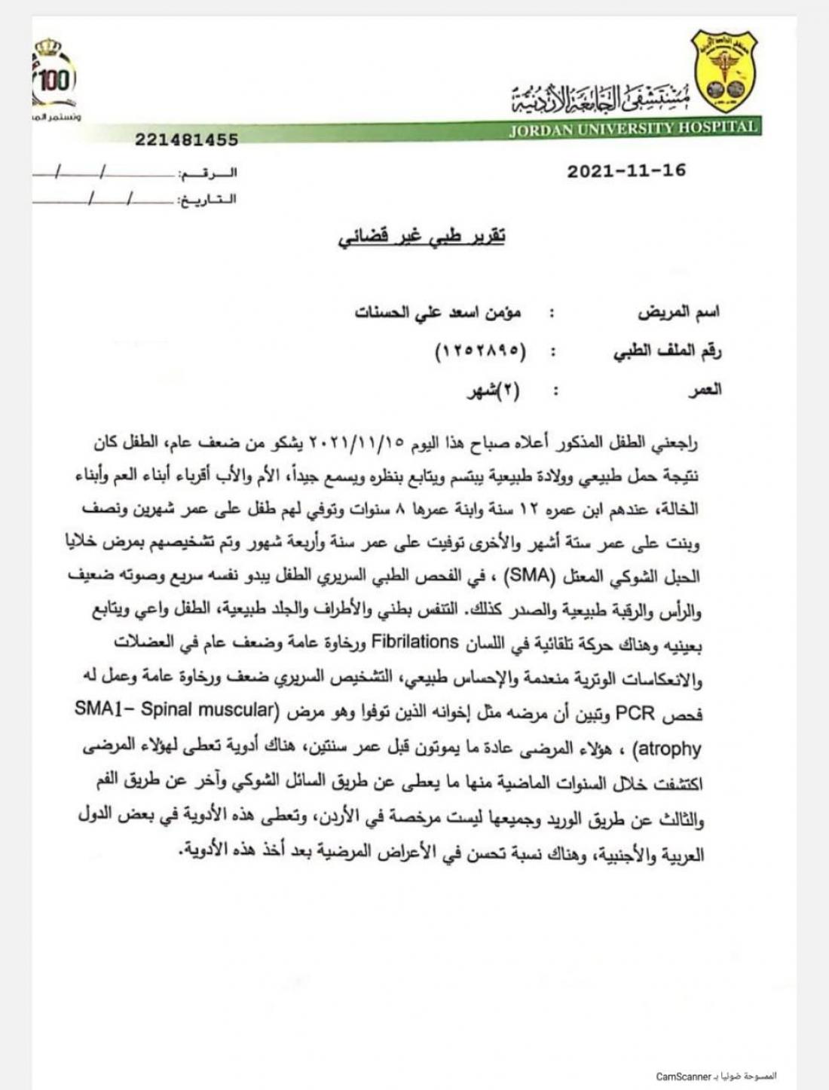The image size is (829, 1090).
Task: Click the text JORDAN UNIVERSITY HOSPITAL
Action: pos(633,128)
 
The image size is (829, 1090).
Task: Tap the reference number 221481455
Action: pos(187,139)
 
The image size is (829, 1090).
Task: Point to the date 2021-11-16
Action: pos(626,170)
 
